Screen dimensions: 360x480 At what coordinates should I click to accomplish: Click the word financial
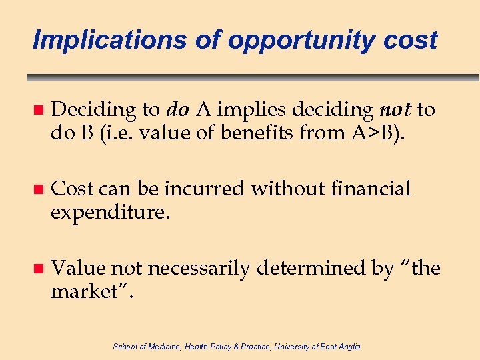tap(373, 189)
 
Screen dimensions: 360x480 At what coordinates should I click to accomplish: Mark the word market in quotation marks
tap(87, 291)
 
